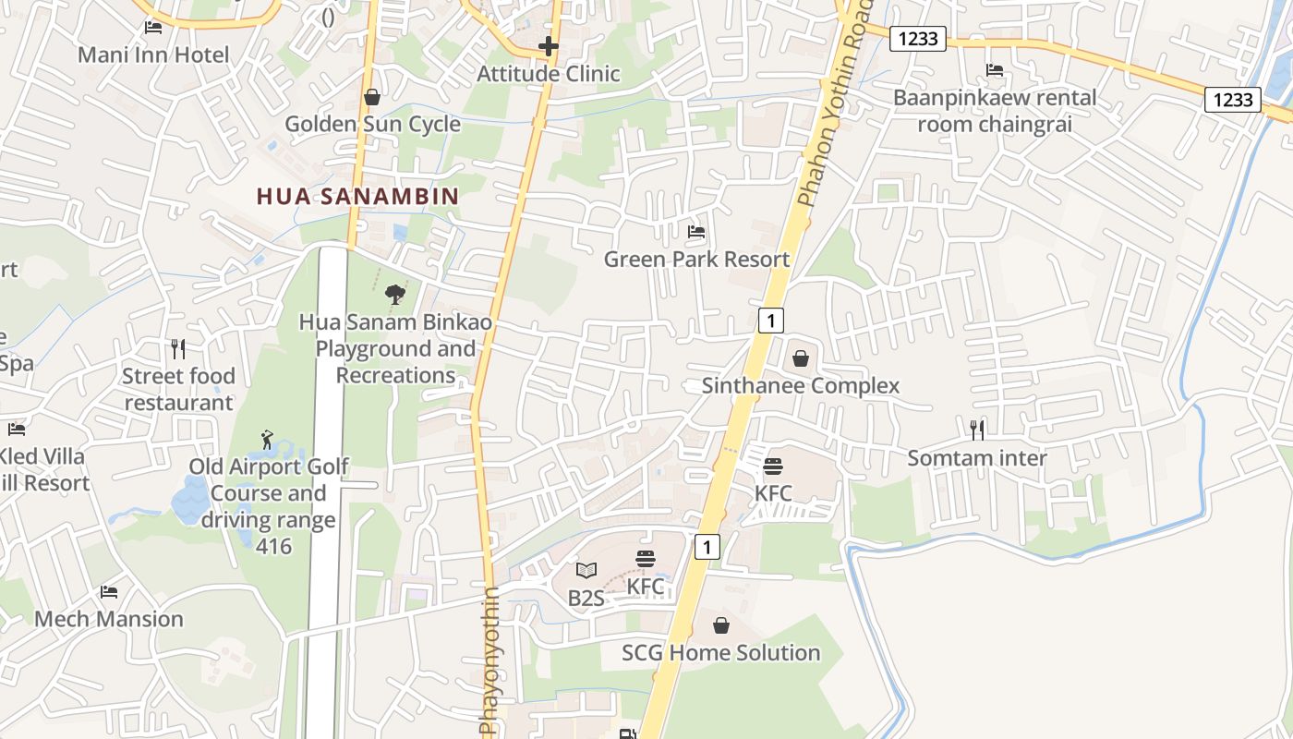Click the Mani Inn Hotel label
(x=153, y=55)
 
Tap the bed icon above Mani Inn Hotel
(x=153, y=28)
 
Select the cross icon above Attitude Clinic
(x=549, y=45)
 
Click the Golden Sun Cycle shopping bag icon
(x=372, y=97)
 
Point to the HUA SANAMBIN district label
(x=357, y=196)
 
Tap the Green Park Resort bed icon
(x=696, y=232)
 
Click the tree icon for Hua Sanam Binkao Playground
(x=395, y=295)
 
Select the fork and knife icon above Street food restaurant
(x=178, y=348)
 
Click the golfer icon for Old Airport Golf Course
(x=268, y=439)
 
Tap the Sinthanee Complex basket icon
(x=801, y=358)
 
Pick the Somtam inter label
(x=977, y=458)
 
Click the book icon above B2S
(x=586, y=570)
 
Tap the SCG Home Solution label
(x=721, y=653)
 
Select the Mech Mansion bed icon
(x=109, y=591)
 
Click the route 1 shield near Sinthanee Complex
(x=771, y=321)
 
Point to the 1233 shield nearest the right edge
(x=1233, y=100)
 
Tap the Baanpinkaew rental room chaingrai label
(x=995, y=111)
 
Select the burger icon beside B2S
(x=645, y=559)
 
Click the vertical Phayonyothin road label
(x=489, y=660)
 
